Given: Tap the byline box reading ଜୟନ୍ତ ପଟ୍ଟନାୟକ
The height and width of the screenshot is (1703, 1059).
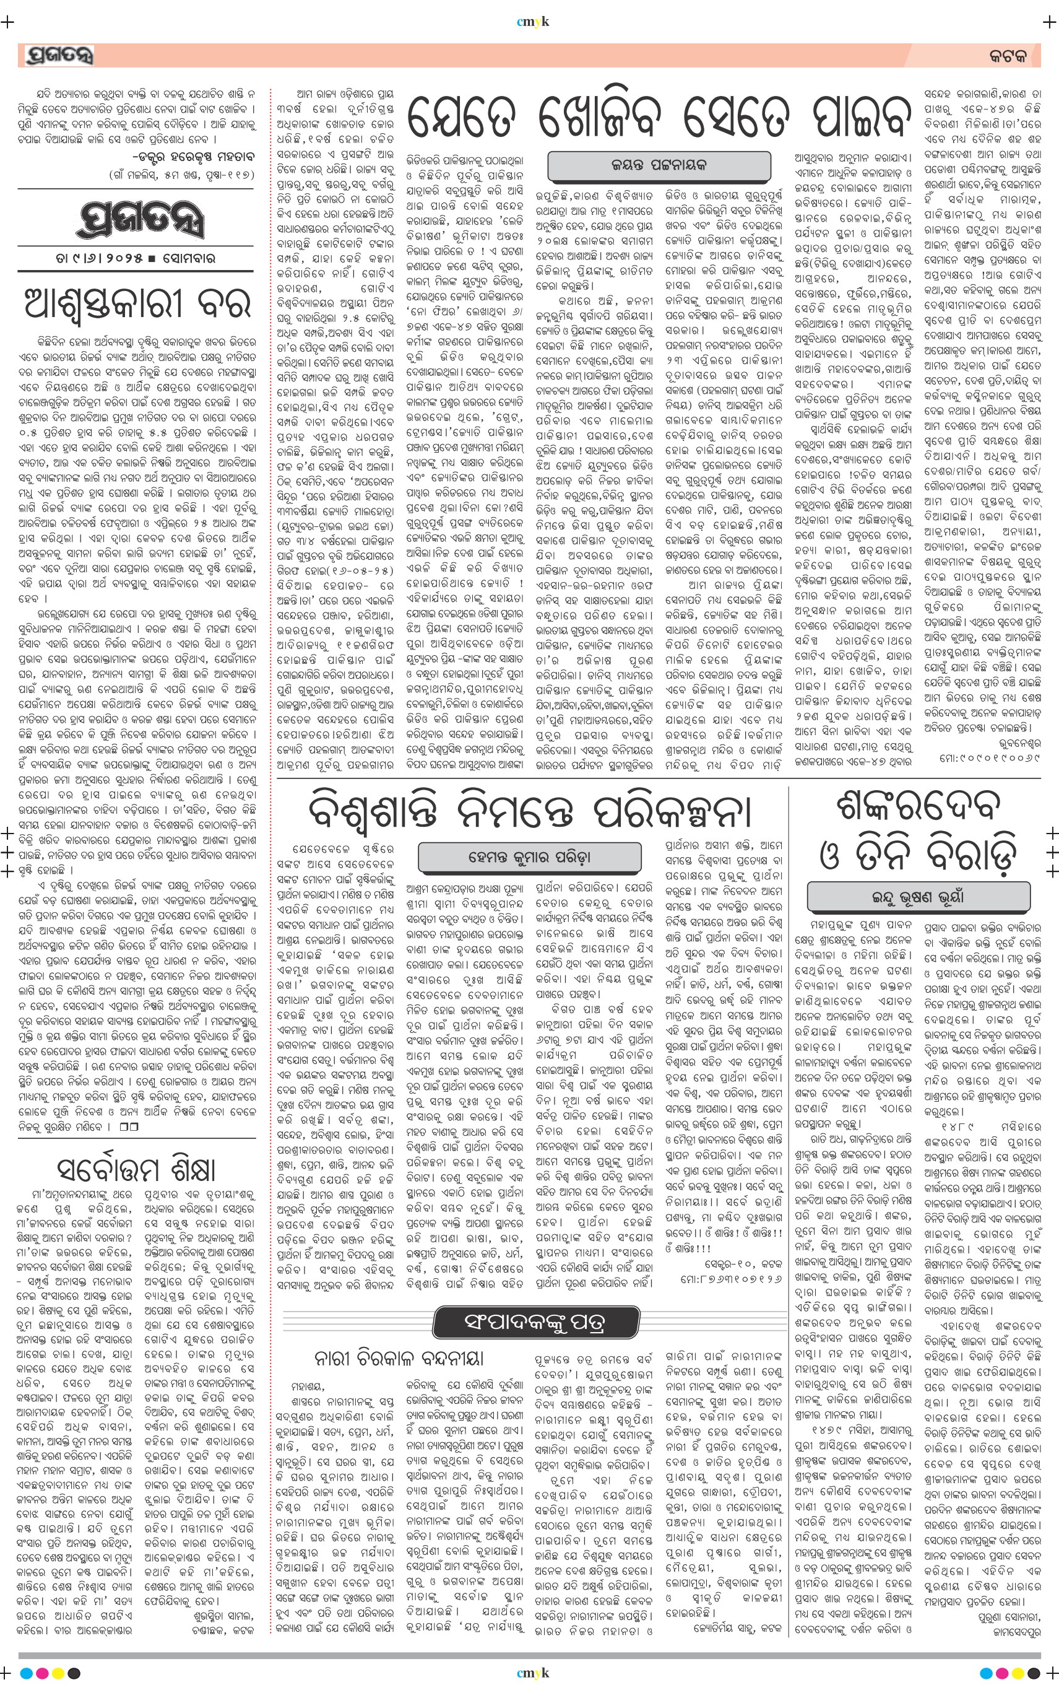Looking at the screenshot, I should (x=659, y=165).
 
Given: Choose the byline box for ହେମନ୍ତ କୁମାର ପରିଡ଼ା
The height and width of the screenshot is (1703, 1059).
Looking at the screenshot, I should (x=530, y=856).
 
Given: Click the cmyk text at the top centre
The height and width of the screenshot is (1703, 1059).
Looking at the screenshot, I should (x=532, y=22).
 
